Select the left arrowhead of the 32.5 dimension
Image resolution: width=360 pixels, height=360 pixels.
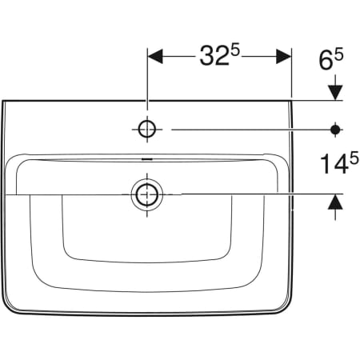155,56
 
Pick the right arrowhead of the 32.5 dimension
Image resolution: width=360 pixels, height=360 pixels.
283,56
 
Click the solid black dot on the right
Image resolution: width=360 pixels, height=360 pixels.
336,128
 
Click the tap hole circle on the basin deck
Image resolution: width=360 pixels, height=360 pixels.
148,128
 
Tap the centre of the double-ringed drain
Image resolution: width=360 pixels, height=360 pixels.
148,193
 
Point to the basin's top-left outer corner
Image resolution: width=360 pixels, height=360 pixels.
5,101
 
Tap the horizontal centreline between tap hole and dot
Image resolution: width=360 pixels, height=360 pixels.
248,128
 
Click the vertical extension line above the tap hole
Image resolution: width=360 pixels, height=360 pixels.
148,80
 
